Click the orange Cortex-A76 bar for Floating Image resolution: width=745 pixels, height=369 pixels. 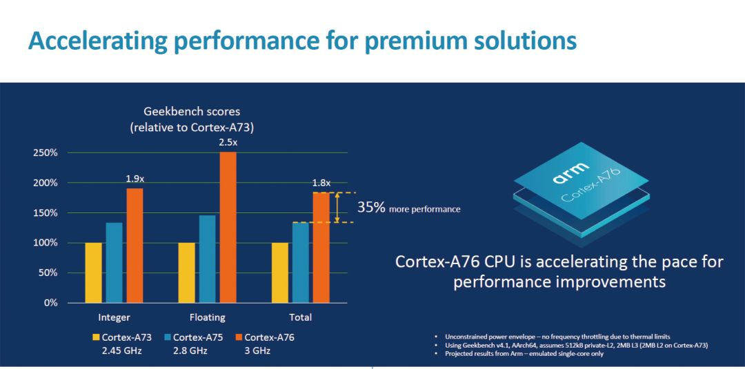point(228,228)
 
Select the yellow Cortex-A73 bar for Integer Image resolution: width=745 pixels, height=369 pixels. point(93,272)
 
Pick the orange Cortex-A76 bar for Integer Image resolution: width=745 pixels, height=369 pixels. point(135,245)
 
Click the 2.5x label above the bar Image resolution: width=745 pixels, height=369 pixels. point(228,142)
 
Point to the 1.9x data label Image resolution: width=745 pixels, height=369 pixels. point(135,179)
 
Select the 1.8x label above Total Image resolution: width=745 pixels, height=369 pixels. point(321,183)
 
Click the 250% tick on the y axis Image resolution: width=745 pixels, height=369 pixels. point(45,152)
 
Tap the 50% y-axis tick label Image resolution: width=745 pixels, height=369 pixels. point(48,273)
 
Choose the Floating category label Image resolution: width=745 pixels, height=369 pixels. point(207,317)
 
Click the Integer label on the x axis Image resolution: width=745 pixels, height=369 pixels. point(114,317)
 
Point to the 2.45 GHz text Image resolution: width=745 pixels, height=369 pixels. point(121,351)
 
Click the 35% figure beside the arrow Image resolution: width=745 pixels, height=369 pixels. point(371,208)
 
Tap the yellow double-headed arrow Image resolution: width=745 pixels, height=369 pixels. point(337,208)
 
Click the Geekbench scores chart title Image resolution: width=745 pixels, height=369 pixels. point(192,111)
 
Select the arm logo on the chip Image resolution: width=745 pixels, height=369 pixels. point(570,172)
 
